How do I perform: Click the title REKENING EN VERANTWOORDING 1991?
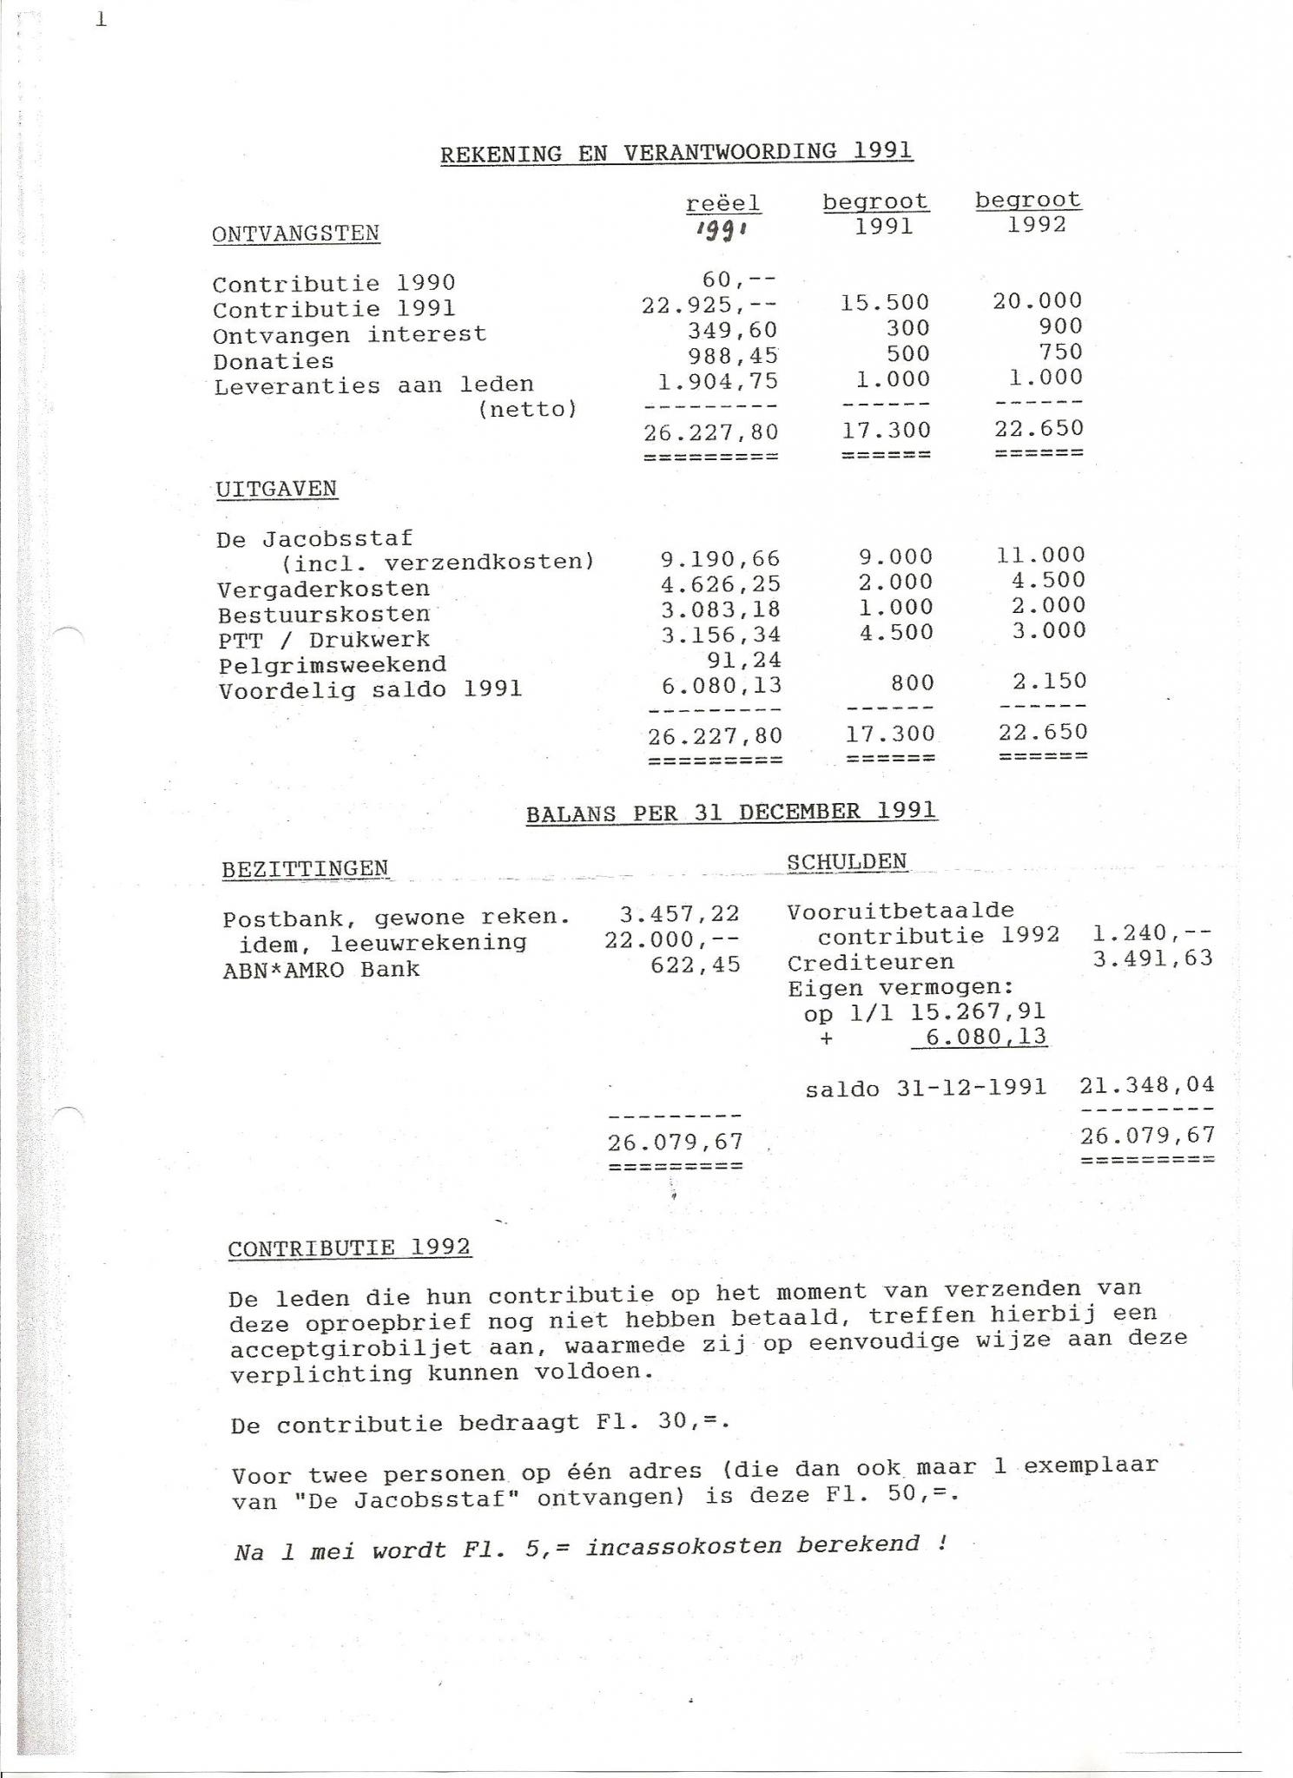coord(676,153)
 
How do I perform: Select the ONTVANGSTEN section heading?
coord(296,234)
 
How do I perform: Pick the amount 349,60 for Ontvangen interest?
coord(733,330)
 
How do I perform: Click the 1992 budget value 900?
coord(1060,326)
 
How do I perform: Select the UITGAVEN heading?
coord(276,489)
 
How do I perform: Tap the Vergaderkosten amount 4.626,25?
coord(720,584)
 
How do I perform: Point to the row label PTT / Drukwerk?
coord(324,640)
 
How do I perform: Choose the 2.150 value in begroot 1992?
coord(1049,682)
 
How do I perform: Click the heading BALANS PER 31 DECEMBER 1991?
coord(731,813)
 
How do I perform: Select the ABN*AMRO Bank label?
coord(320,970)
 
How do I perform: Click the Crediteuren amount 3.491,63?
coord(1151,958)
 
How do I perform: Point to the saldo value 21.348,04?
coord(1146,1084)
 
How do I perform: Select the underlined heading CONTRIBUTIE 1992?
coord(349,1248)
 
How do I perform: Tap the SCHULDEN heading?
coord(847,862)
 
